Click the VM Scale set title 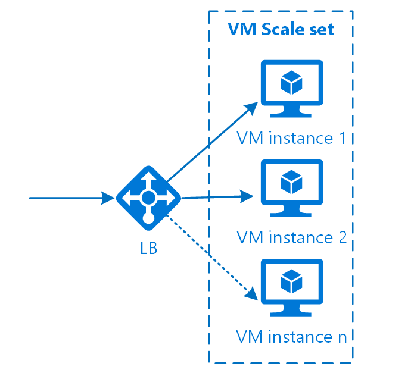click(x=281, y=29)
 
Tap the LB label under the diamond click(x=149, y=248)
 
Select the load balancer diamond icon click(x=149, y=198)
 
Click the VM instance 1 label click(x=291, y=138)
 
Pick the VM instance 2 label click(x=291, y=237)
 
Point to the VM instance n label click(x=291, y=337)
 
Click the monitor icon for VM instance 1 click(x=292, y=89)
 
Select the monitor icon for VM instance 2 click(x=292, y=188)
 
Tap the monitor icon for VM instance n click(x=292, y=288)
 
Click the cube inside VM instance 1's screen click(x=291, y=83)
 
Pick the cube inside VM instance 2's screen click(x=291, y=182)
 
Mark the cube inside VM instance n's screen click(x=291, y=281)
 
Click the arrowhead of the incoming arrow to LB click(x=108, y=198)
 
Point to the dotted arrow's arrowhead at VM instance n click(x=252, y=294)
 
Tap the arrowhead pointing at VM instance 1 click(x=251, y=108)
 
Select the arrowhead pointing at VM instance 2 click(x=247, y=196)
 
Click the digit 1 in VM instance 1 click(x=343, y=138)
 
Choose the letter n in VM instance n click(x=343, y=338)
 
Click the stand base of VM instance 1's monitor click(x=291, y=115)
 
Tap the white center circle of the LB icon click(x=149, y=198)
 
